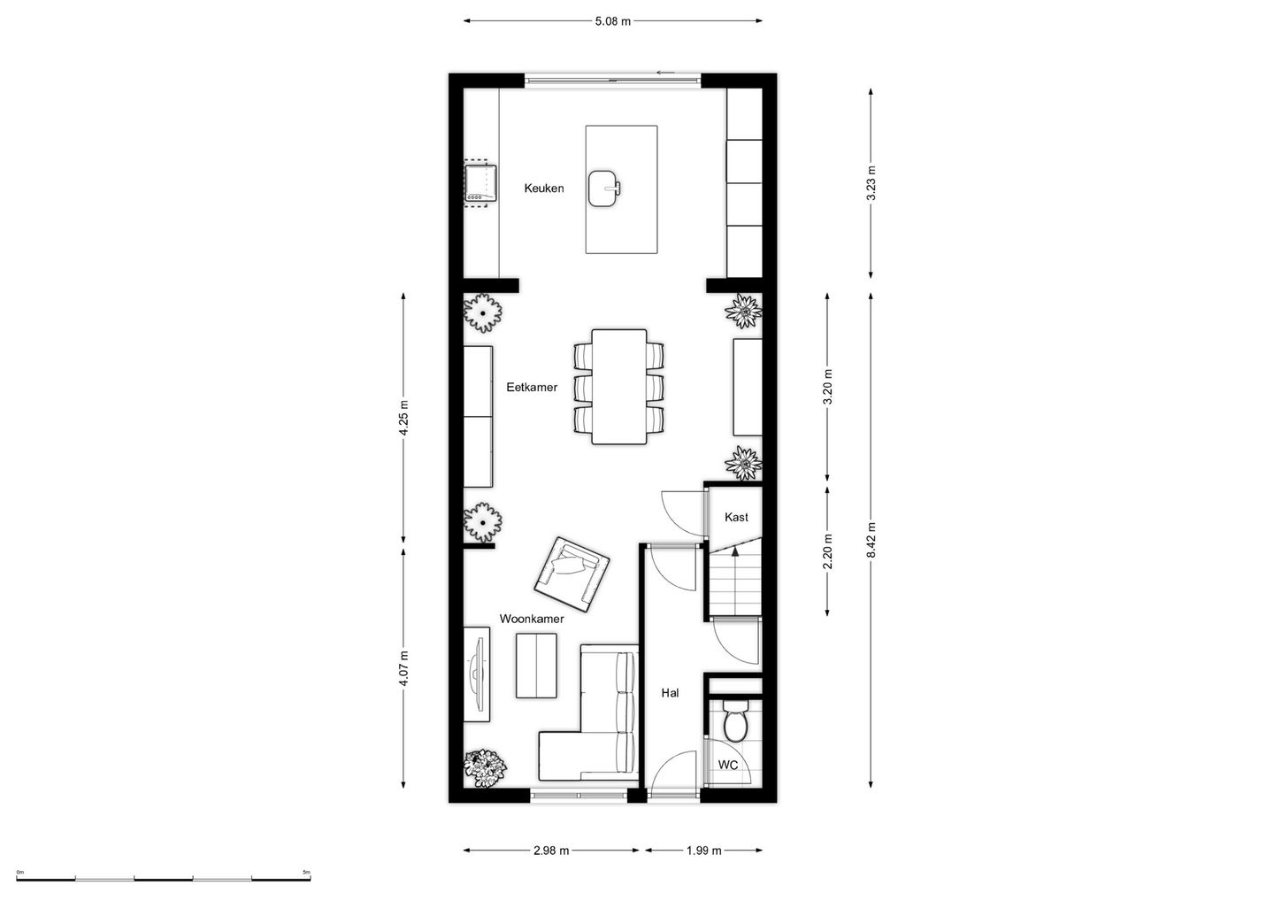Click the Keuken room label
[x=544, y=189]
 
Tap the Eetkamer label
[x=532, y=388]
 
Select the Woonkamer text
[x=532, y=619]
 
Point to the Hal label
[x=670, y=693]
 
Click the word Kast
[x=736, y=517]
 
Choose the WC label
[x=727, y=765]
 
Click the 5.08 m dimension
[x=612, y=21]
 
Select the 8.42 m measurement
[x=871, y=541]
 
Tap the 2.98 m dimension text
[x=551, y=851]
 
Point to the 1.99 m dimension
[x=703, y=851]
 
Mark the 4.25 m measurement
[x=403, y=418]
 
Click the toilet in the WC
[x=735, y=721]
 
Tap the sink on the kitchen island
[x=604, y=189]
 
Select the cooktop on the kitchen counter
[x=480, y=183]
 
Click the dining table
[x=618, y=387]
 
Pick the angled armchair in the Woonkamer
[x=572, y=574]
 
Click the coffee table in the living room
[x=536, y=666]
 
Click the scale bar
[x=163, y=879]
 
